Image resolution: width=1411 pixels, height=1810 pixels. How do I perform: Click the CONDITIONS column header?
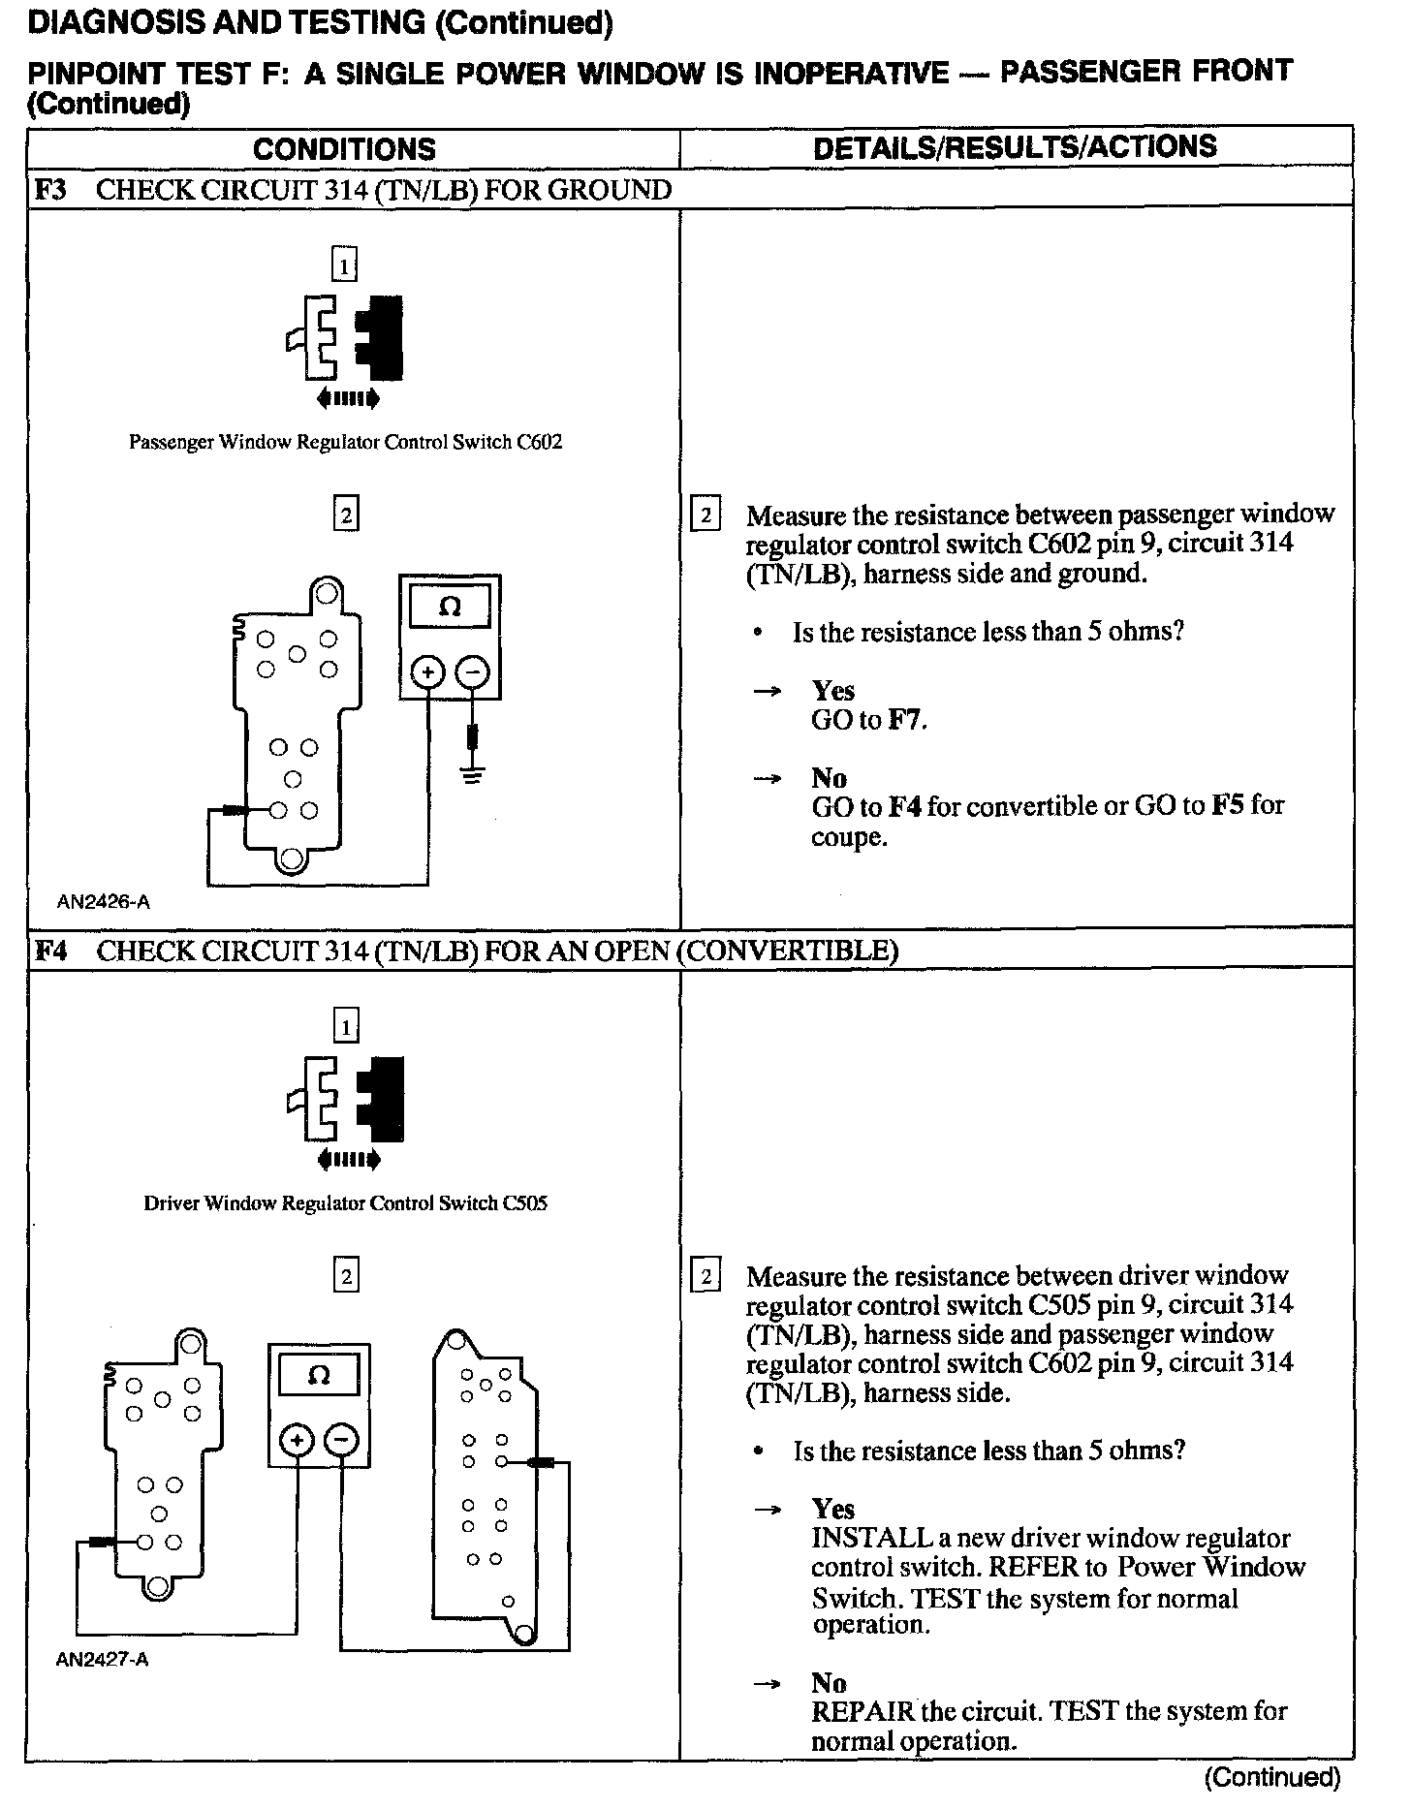point(344,149)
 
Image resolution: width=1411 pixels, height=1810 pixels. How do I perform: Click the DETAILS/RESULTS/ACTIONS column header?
point(1015,147)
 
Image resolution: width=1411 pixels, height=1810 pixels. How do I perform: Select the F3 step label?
point(50,190)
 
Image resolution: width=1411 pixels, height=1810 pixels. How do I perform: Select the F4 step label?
point(50,951)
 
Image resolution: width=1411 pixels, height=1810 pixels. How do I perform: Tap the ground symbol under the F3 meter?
point(472,774)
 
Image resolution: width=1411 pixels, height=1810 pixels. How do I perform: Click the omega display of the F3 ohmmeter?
point(450,608)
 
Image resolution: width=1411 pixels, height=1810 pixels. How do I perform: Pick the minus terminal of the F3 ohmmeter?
point(472,671)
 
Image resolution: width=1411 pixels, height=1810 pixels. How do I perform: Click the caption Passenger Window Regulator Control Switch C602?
point(346,443)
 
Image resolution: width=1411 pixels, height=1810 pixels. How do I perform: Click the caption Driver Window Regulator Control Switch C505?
point(346,1204)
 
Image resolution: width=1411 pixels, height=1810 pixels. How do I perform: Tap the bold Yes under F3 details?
point(833,692)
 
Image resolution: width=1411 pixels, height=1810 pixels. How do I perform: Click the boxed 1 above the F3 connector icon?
point(344,265)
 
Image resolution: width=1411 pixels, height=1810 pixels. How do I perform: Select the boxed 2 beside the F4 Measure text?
point(705,1277)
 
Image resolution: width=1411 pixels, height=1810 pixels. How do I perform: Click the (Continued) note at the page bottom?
point(1271,1777)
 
